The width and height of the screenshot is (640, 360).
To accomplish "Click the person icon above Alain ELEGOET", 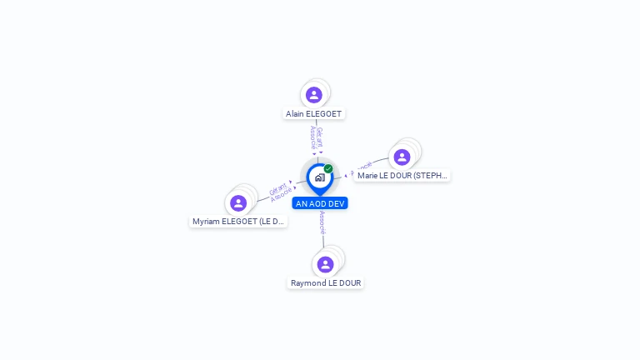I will click(x=313, y=95).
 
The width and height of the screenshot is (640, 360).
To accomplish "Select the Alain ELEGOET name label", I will click(x=313, y=114).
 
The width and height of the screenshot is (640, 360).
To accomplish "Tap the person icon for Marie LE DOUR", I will click(x=402, y=157).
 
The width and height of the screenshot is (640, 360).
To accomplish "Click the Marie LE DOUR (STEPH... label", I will click(x=402, y=176).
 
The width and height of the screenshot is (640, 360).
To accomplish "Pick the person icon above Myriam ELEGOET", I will click(x=238, y=203).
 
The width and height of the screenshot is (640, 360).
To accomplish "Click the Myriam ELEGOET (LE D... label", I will click(x=238, y=222).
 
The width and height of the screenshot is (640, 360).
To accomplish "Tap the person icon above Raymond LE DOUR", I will click(x=325, y=264).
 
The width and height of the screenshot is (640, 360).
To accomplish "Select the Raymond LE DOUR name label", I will click(x=326, y=283).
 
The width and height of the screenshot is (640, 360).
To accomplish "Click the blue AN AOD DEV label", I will click(x=320, y=203).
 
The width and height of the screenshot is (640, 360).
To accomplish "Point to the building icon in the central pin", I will click(x=319, y=177).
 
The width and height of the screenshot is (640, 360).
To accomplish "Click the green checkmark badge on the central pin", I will click(x=328, y=168).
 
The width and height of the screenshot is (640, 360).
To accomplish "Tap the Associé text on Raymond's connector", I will click(x=322, y=222).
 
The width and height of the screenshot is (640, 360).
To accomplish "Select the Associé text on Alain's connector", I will click(x=312, y=137).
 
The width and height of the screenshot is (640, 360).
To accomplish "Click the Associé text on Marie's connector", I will click(x=362, y=169).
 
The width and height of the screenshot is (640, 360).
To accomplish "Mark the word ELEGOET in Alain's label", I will click(x=324, y=114).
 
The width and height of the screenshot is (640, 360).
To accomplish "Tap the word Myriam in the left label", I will click(x=207, y=222).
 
